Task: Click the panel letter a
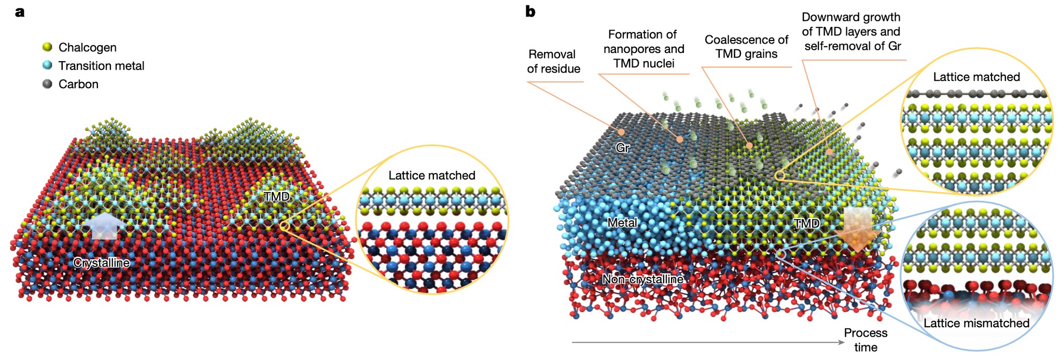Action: pos(20,11)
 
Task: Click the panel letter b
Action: pos(530,11)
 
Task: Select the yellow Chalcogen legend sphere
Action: pos(48,47)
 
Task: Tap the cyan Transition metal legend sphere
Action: pos(48,65)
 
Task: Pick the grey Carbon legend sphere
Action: pos(48,84)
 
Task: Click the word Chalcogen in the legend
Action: pos(87,47)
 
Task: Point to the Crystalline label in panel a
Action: pos(102,262)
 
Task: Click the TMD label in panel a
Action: pos(276,196)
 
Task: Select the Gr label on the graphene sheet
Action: pos(622,148)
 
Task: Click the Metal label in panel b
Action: pos(622,223)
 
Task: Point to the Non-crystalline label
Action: pos(642,279)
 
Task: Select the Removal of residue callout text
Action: pos(553,61)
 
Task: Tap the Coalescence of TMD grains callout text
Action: pos(746,47)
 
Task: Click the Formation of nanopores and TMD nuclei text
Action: pos(644,49)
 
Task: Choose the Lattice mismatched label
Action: pos(976,323)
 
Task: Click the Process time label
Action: pos(865,340)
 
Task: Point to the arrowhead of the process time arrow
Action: pos(843,342)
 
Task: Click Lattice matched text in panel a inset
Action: pos(432,175)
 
